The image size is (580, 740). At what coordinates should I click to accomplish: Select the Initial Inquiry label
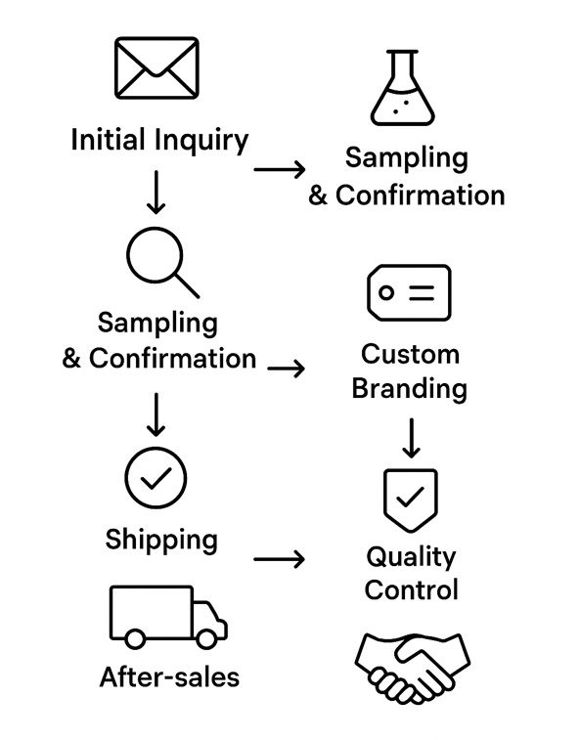(159, 140)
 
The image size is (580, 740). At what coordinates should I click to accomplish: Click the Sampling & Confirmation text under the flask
(407, 176)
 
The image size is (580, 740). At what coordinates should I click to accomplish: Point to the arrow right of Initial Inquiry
(279, 170)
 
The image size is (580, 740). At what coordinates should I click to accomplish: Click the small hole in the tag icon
(387, 292)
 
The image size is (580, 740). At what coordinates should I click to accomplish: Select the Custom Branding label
(410, 370)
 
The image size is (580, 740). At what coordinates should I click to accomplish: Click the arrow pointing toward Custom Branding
(286, 370)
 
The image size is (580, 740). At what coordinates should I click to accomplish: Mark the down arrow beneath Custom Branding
(411, 438)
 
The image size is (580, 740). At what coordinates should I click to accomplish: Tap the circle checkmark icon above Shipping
(156, 478)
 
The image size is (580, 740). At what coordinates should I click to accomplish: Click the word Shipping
(161, 539)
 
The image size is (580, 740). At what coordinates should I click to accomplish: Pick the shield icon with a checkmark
(410, 499)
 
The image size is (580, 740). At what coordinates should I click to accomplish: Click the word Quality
(411, 557)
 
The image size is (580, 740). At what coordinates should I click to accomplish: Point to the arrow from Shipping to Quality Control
(279, 559)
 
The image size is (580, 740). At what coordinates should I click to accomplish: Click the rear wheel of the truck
(135, 637)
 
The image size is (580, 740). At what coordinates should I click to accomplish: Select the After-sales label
(169, 676)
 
